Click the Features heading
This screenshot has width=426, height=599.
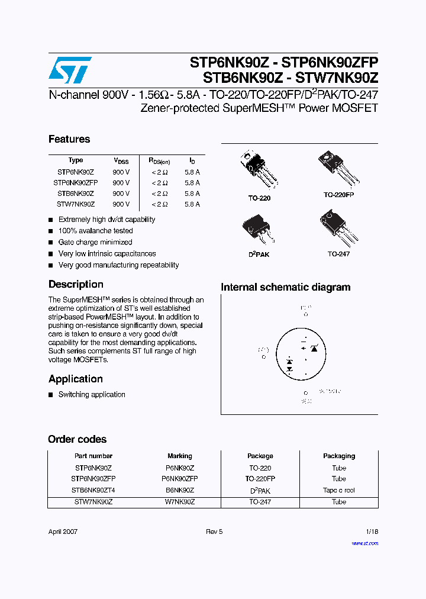69,139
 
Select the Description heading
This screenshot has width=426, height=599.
76,284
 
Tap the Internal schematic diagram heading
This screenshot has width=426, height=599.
285,287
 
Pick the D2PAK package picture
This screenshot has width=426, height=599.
259,230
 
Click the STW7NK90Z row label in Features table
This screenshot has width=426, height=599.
76,204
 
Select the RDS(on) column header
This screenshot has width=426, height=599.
159,160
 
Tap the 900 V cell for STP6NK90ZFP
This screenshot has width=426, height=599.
121,183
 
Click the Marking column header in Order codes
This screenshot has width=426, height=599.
180,456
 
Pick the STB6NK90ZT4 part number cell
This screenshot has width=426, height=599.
93,490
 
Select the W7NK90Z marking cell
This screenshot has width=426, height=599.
180,501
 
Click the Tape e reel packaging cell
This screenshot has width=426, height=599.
339,490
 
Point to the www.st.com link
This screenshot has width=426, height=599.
364,543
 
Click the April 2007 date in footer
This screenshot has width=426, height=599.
63,532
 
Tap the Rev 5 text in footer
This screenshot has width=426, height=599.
214,532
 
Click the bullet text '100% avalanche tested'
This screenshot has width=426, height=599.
95,231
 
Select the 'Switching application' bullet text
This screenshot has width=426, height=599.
92,394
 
